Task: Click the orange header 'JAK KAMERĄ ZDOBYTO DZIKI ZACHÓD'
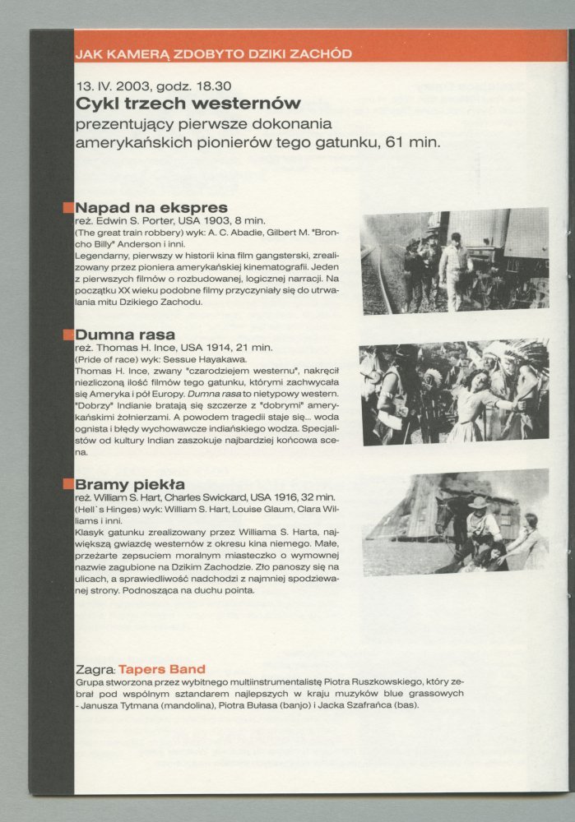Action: coord(213,54)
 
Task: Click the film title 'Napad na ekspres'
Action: coord(151,207)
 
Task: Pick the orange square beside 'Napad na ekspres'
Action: coord(68,207)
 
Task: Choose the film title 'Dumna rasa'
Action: coord(125,335)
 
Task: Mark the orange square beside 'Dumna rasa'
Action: coord(68,335)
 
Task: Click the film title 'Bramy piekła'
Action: coord(130,483)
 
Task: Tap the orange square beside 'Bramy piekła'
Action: coord(68,484)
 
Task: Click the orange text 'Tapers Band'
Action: coord(162,669)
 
